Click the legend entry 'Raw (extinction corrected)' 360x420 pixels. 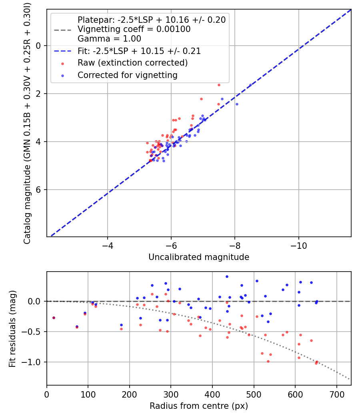click(x=132, y=63)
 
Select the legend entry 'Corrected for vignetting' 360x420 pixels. click(x=128, y=75)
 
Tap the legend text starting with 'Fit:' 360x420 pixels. click(x=139, y=51)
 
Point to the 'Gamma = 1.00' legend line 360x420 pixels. click(x=109, y=38)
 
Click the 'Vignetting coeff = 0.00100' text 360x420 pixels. click(x=134, y=29)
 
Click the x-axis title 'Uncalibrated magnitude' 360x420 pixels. click(x=199, y=257)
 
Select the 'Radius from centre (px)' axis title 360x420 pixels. click(x=199, y=406)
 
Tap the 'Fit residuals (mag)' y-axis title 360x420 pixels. click(x=12, y=329)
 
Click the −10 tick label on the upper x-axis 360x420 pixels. click(x=299, y=246)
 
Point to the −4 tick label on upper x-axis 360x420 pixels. click(x=108, y=246)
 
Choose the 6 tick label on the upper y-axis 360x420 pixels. click(x=38, y=190)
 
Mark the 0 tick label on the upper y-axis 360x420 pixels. click(x=38, y=46)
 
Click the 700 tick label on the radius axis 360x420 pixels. click(x=336, y=394)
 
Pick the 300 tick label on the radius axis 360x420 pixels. click(x=171, y=394)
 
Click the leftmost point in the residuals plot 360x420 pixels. click(x=54, y=318)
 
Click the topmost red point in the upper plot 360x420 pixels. click(x=219, y=85)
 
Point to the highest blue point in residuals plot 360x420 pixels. click(x=227, y=277)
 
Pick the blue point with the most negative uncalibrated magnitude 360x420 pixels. click(x=250, y=85)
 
